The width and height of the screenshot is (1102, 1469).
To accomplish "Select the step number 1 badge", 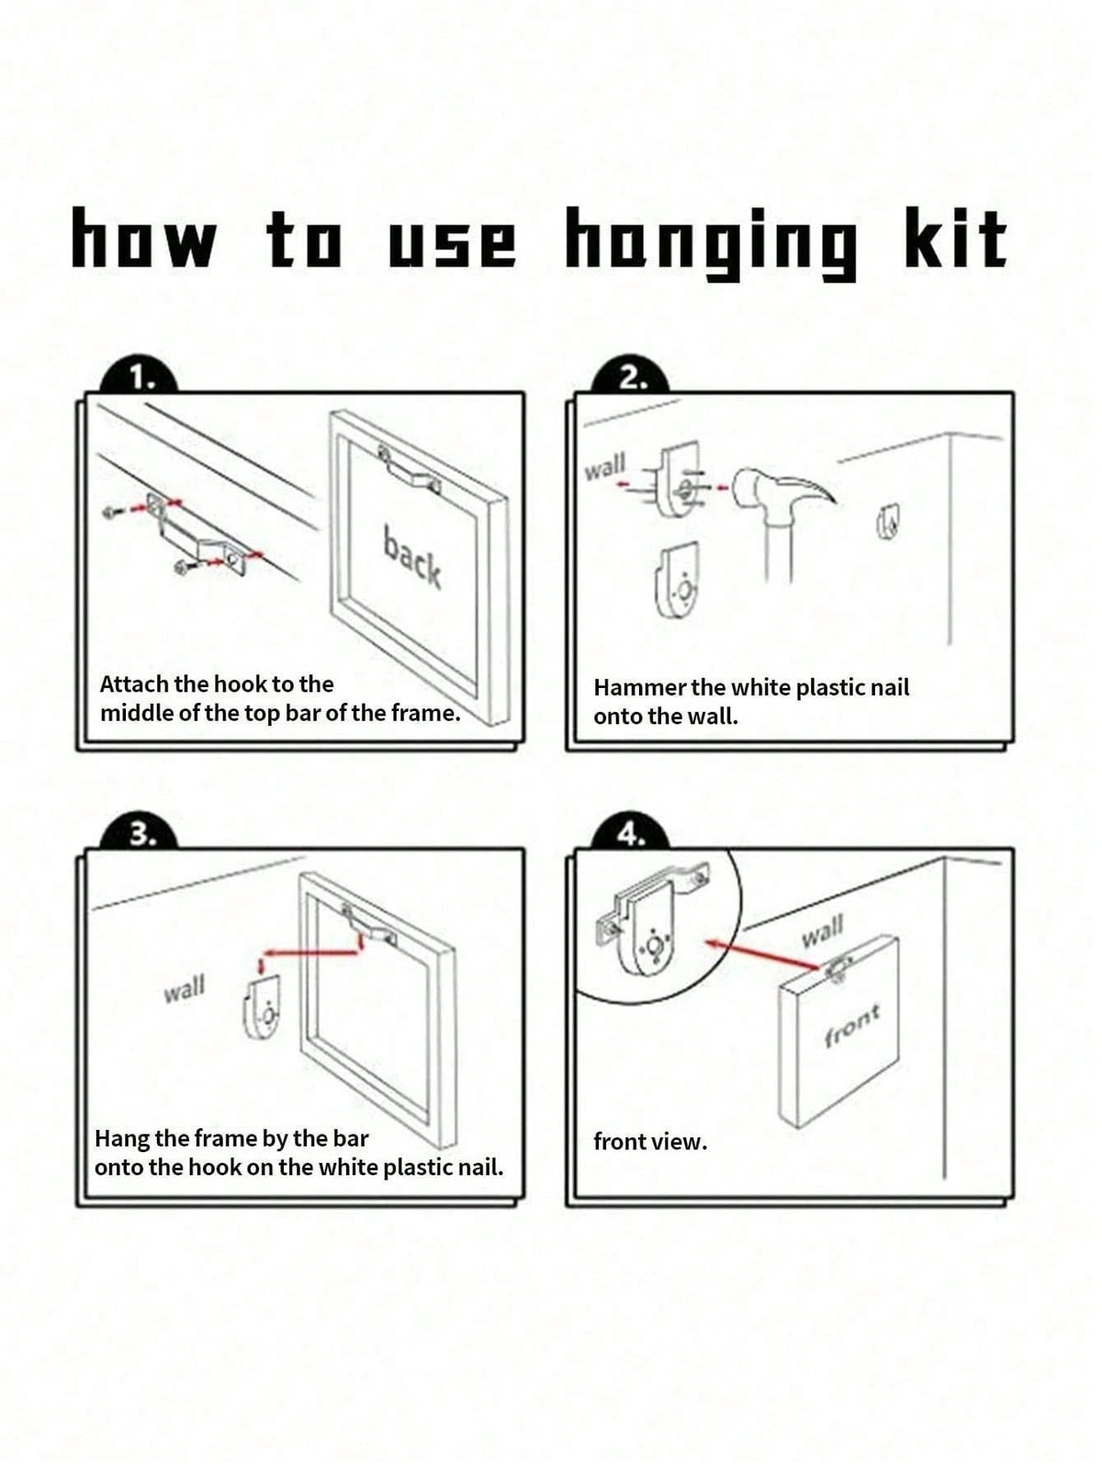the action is pyautogui.click(x=139, y=379).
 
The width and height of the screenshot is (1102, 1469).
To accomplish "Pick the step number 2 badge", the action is pyautogui.click(x=631, y=379).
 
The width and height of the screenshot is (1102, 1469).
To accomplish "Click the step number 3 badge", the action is pyautogui.click(x=139, y=834).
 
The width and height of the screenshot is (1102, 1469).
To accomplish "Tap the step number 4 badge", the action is pyautogui.click(x=631, y=834).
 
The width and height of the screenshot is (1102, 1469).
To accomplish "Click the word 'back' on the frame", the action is pyautogui.click(x=412, y=558).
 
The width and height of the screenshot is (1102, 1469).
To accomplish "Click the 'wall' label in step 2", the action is pyautogui.click(x=605, y=466).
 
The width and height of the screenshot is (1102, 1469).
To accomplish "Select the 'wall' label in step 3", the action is pyautogui.click(x=185, y=989).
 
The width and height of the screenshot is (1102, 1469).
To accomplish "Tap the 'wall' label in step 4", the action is pyautogui.click(x=823, y=931).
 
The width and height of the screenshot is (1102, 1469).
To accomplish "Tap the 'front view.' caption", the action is pyautogui.click(x=650, y=1142).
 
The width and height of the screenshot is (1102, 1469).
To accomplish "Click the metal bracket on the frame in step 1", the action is pyautogui.click(x=410, y=471).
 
